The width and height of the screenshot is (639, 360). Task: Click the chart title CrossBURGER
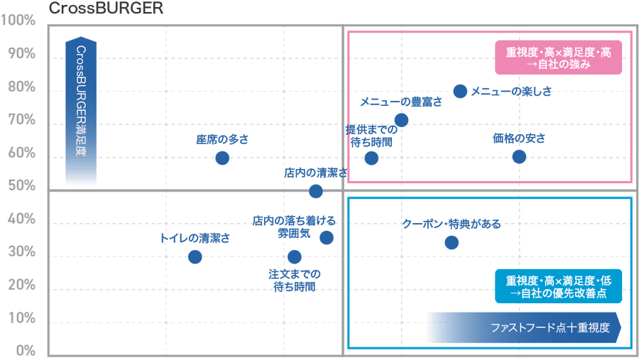coord(105,9)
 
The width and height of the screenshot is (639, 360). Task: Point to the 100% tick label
coord(19,21)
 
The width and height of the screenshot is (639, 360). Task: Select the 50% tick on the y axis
coord(21,186)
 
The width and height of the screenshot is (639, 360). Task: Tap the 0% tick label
coord(26,351)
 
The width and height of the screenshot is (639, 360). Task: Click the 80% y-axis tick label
coord(21,87)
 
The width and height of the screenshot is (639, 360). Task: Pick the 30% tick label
coord(21,252)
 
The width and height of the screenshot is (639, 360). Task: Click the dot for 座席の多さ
coord(222,158)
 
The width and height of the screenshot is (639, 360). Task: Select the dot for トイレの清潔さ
coord(195,256)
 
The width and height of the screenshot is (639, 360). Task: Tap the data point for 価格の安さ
coord(520,156)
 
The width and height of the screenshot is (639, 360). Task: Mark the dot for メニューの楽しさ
coord(460,91)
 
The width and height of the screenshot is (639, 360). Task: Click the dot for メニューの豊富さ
coord(401,120)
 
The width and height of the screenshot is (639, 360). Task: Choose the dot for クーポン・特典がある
coord(452,243)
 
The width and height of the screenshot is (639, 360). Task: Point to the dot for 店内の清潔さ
coord(316,191)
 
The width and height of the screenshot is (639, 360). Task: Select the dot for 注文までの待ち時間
coord(295,256)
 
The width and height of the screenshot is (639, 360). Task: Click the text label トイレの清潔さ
coord(195,239)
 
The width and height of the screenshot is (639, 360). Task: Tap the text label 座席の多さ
coord(222,140)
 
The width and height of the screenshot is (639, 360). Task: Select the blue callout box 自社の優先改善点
coord(558,285)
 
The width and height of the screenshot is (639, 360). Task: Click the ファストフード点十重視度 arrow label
coord(524,328)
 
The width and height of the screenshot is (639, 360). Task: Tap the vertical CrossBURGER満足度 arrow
coord(81,112)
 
